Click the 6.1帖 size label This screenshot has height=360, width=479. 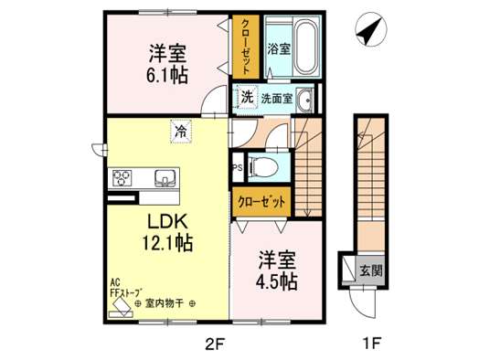pyautogui.click(x=166, y=76)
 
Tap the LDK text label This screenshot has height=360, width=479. pyautogui.click(x=167, y=222)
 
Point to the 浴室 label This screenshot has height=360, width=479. pyautogui.click(x=279, y=48)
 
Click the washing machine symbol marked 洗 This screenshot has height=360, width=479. pyautogui.click(x=247, y=97)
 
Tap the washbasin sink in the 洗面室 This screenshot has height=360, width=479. pyautogui.click(x=304, y=99)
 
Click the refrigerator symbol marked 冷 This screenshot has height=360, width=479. pyautogui.click(x=181, y=132)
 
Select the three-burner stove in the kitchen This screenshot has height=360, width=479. pyautogui.click(x=122, y=177)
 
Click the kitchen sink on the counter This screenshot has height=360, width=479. pyautogui.click(x=165, y=178)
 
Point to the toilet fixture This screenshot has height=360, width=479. pyautogui.click(x=263, y=167)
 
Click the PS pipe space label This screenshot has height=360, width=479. pyautogui.click(x=238, y=167)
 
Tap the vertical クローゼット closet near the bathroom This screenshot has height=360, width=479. pyautogui.click(x=246, y=47)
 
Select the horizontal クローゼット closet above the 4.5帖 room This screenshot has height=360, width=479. pyautogui.click(x=261, y=202)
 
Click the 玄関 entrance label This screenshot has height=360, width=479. pyautogui.click(x=371, y=270)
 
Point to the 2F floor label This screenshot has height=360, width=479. pyautogui.click(x=215, y=344)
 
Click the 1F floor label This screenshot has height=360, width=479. pyautogui.click(x=371, y=344)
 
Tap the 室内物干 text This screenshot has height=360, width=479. pyautogui.click(x=165, y=303)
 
